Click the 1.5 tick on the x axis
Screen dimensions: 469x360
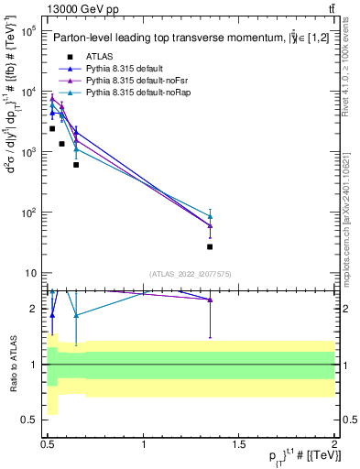(240, 444)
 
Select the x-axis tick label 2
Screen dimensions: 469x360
(335, 444)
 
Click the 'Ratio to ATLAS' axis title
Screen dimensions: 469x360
(12, 365)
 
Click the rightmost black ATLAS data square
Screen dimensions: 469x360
(211, 246)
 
